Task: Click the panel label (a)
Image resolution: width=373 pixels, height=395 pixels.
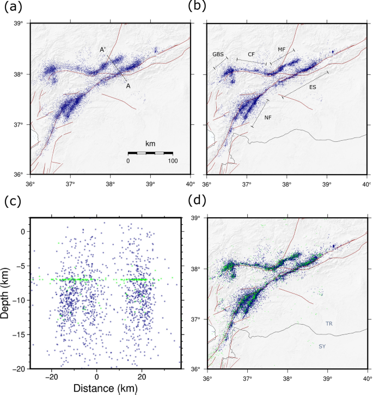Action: (x=13, y=7)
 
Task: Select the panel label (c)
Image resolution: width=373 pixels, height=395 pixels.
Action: (x=13, y=201)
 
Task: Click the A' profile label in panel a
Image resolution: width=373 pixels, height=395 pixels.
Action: (x=102, y=50)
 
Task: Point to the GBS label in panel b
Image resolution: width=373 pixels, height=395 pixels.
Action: (x=218, y=55)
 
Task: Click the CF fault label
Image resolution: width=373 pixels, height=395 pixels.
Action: (x=251, y=55)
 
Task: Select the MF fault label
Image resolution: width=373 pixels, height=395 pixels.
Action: (x=281, y=50)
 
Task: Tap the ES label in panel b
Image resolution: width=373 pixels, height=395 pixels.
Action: (x=313, y=87)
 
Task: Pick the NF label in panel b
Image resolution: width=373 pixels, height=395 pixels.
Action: (x=268, y=117)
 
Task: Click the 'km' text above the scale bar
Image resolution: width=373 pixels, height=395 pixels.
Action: (x=150, y=143)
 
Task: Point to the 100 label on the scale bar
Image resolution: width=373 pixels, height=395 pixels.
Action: (x=173, y=161)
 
